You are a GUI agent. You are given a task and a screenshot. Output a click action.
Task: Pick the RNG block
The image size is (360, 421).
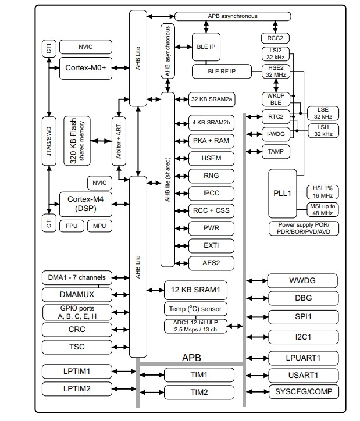pos(211,176)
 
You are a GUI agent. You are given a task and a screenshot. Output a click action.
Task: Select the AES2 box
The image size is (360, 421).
pos(211,263)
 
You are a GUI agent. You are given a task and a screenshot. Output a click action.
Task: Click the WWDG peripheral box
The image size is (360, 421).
pos(302,281)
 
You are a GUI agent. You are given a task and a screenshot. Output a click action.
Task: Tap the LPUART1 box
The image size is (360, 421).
pos(302,358)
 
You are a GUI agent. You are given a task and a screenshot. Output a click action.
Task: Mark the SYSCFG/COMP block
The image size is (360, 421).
pos(302,391)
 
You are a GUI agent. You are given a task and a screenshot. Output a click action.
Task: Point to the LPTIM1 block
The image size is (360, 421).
pos(76,371)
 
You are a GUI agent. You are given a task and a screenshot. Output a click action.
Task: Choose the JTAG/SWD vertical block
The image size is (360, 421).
pos(49,141)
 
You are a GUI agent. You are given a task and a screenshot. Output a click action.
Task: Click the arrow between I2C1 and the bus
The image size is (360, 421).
pos(256,337)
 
